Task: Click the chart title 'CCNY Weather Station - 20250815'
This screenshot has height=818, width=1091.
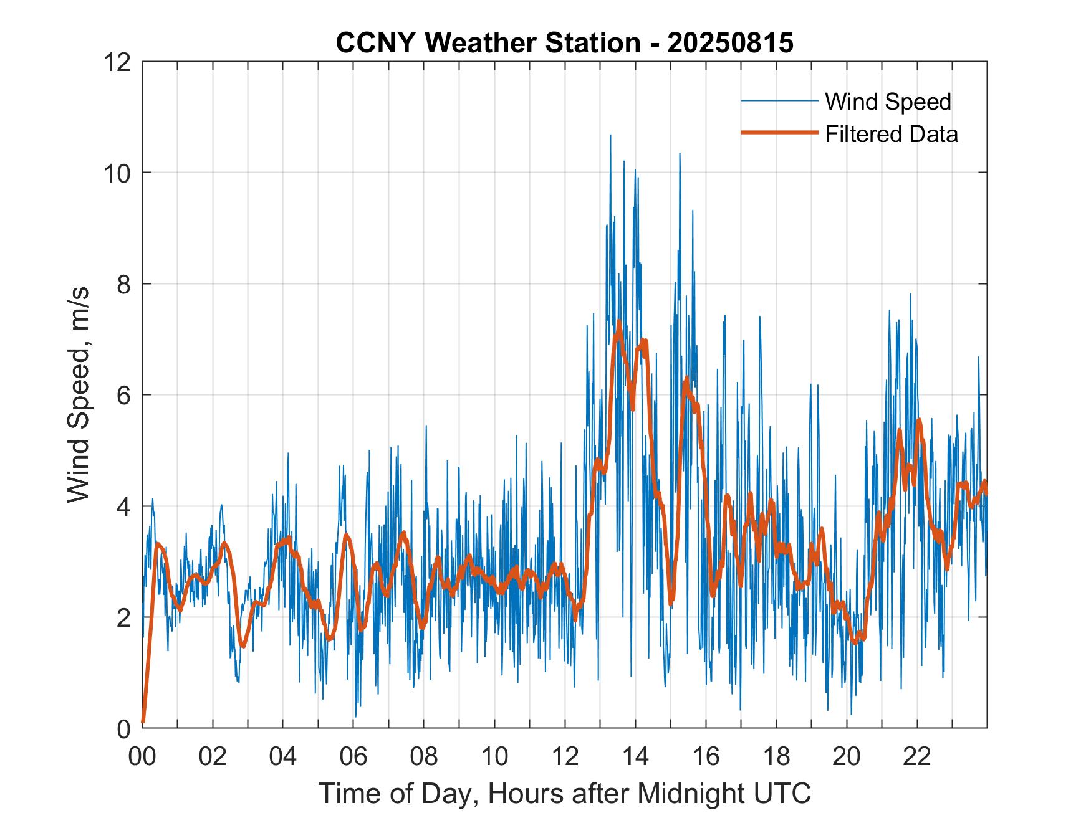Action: (x=564, y=42)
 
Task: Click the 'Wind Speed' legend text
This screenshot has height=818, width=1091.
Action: (x=888, y=102)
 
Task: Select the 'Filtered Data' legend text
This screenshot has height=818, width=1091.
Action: (x=891, y=134)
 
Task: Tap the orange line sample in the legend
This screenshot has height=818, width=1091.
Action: (x=779, y=133)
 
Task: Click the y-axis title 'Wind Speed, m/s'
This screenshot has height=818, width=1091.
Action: (x=79, y=394)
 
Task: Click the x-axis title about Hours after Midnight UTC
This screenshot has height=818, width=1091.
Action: (x=564, y=793)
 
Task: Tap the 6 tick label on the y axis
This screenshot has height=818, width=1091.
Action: (x=123, y=395)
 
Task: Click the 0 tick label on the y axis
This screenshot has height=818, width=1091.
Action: (x=123, y=728)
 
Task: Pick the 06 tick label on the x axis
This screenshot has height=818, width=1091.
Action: (x=353, y=757)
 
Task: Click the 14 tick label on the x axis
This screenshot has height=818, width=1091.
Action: (x=635, y=757)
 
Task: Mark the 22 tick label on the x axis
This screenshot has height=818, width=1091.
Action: (x=917, y=757)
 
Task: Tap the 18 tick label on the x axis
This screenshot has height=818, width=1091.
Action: (x=776, y=757)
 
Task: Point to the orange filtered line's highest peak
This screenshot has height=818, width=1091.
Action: (x=619, y=322)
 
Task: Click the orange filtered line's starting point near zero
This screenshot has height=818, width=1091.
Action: (x=143, y=721)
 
